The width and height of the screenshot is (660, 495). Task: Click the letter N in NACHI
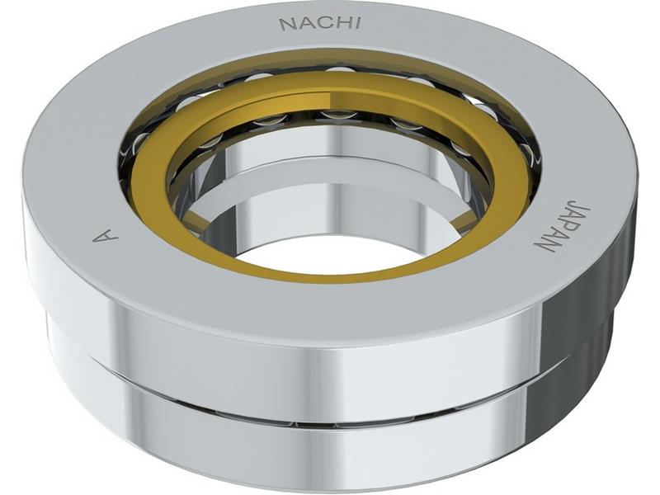286,24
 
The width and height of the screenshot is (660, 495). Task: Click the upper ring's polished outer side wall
330,363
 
